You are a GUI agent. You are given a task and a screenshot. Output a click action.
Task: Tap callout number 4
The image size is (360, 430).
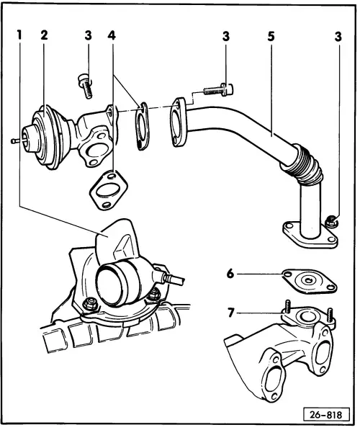tap(111, 33)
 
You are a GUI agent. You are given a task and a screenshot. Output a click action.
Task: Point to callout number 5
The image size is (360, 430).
tap(271, 33)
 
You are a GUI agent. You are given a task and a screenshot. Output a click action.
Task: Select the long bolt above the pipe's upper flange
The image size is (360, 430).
tap(213, 92)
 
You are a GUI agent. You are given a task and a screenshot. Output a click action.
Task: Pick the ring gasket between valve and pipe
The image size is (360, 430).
tap(143, 126)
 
